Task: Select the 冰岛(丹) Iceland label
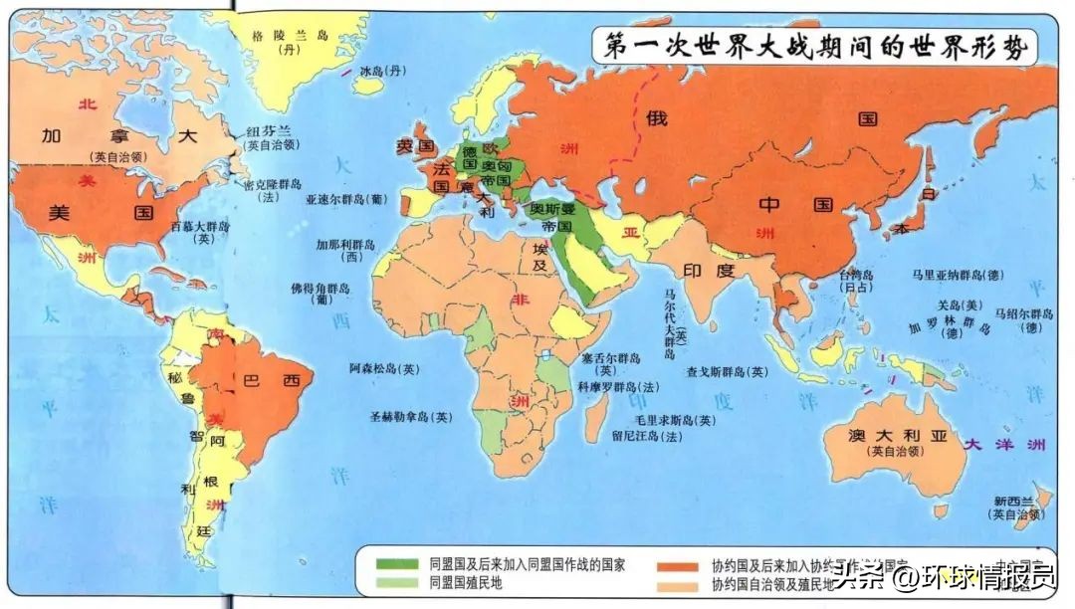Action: [384, 71]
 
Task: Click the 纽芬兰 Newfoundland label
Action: [270, 131]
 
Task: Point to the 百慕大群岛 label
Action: [202, 227]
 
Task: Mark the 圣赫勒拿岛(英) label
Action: [411, 417]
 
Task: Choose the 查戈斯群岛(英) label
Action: [728, 372]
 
